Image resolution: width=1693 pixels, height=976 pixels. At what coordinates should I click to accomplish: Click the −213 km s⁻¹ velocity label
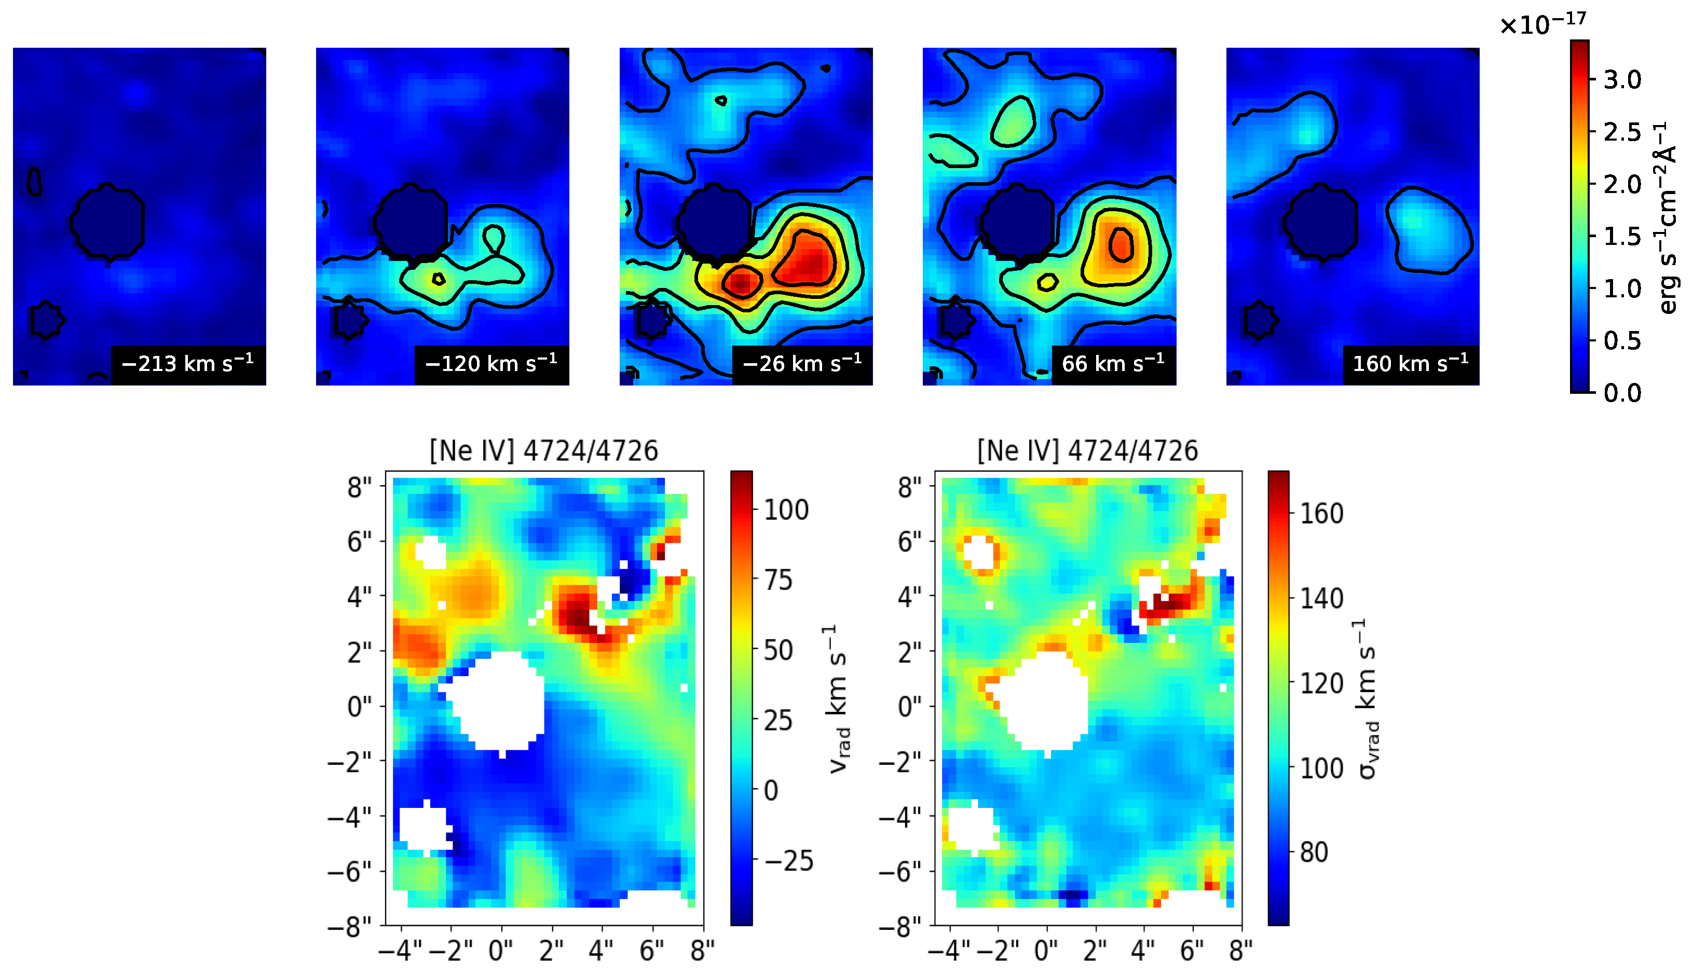click(188, 363)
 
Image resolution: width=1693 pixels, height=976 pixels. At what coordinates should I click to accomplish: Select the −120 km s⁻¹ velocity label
click(491, 363)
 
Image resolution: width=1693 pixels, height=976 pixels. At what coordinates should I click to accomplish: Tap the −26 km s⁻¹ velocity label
click(802, 363)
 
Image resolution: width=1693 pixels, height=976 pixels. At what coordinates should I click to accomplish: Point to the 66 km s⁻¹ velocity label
click(1113, 363)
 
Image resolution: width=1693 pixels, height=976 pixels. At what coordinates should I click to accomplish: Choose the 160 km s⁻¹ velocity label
click(1411, 363)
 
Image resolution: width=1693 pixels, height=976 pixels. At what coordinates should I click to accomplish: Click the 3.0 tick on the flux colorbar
click(1622, 80)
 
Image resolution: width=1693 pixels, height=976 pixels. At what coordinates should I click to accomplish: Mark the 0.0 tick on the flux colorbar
click(1622, 393)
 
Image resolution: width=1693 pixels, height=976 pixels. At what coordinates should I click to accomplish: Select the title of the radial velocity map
click(544, 450)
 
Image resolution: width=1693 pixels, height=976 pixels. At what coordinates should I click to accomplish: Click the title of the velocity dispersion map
click(1087, 450)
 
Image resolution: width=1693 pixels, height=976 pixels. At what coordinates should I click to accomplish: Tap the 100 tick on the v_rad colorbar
click(786, 510)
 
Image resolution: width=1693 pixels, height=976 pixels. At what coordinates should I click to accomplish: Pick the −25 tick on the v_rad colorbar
click(788, 861)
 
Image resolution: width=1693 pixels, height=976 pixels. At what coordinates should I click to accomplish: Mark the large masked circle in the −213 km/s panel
click(107, 221)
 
